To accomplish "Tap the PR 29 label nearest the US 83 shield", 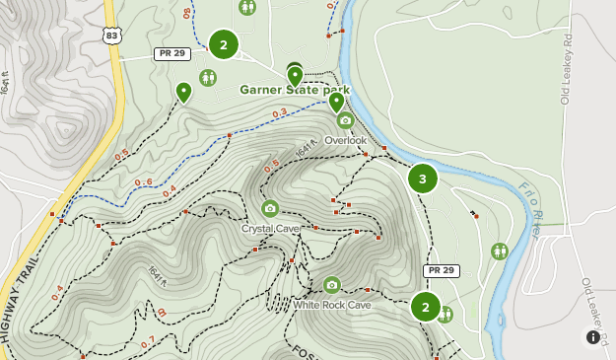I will (x=172, y=54).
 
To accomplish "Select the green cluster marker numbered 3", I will (x=423, y=179).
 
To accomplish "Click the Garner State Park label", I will (x=295, y=90).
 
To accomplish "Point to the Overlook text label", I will (x=345, y=140).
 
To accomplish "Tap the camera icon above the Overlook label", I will (x=344, y=120).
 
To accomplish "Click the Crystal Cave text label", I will (x=270, y=228).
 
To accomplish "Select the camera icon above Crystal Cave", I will (x=270, y=208).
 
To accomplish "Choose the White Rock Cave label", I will (x=331, y=305).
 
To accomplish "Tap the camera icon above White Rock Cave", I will (x=332, y=285).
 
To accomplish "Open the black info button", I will (x=593, y=337).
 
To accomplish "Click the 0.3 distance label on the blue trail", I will (x=279, y=112).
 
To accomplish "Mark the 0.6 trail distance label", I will (x=143, y=181).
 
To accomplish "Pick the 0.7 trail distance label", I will (x=147, y=342).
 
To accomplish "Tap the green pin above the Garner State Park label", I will (x=295, y=75).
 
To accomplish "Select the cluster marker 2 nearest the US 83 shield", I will (x=224, y=44).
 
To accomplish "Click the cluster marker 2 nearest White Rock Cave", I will (x=426, y=307).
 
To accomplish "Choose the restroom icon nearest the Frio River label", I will (x=499, y=252).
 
